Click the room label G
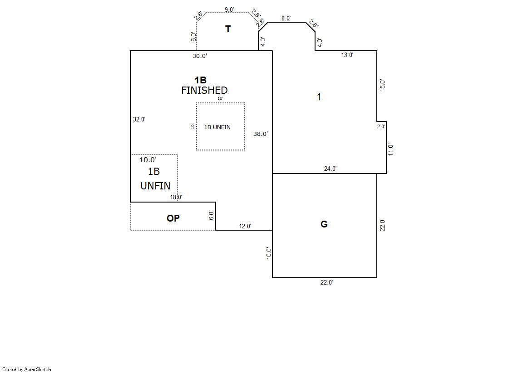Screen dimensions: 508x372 tap(324, 224)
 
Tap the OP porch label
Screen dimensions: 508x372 tap(173, 218)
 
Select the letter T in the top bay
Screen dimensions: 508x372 tap(228, 29)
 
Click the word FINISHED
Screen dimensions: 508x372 tap(204, 90)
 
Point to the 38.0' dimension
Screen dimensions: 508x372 tap(261, 134)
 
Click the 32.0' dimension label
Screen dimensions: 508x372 tap(139, 119)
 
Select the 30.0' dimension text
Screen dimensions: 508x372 tap(200, 56)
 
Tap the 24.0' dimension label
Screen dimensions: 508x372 tap(330, 169)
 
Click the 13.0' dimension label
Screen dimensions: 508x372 tap(347, 55)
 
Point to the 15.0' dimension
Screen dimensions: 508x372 tap(382, 85)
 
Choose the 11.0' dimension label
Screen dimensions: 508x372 tap(390, 150)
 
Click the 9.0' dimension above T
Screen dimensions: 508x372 tap(229, 10)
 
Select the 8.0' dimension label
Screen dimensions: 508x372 tap(286, 19)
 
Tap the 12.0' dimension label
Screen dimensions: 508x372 tap(245, 226)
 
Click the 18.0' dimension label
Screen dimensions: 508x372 tap(176, 197)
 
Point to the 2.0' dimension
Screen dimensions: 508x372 tap(381, 126)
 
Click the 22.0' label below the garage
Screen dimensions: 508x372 tap(326, 282)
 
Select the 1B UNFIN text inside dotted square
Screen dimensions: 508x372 tap(217, 127)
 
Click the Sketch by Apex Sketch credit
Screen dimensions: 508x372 tap(27, 369)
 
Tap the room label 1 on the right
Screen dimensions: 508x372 tap(319, 97)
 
